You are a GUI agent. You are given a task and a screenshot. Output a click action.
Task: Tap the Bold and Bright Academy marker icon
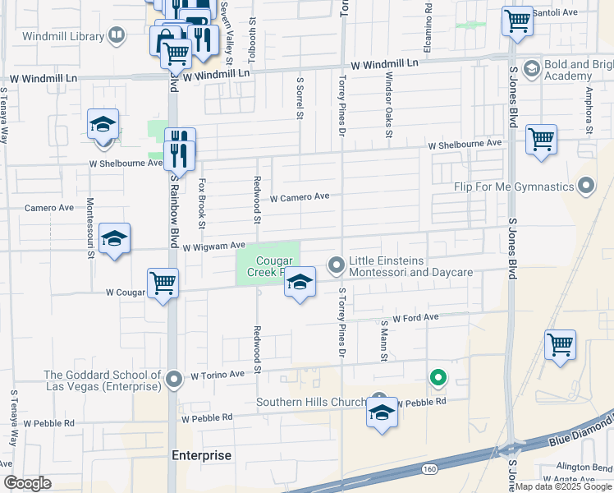532,67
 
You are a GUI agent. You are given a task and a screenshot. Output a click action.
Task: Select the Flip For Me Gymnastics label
514,187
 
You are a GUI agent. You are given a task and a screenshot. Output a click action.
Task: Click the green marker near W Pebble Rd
438,378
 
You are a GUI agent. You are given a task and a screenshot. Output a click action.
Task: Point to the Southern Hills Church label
310,402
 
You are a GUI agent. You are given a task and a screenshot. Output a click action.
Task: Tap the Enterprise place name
201,455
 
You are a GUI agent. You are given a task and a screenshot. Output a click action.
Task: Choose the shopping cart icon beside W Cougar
163,284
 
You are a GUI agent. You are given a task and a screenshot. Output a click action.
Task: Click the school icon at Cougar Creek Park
300,283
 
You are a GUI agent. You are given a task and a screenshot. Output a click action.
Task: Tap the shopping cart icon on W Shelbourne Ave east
542,139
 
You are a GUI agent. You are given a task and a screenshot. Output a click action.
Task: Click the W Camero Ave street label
299,197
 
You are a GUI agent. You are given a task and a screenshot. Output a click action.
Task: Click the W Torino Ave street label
218,375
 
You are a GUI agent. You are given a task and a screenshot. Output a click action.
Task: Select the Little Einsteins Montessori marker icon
336,265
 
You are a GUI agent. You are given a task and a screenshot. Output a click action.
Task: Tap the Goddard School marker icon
173,380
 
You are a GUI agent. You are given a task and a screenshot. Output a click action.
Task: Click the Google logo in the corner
27,483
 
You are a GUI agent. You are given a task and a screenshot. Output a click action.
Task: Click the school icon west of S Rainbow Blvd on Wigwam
114,238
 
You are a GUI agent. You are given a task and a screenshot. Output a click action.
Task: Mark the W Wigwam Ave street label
214,246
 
